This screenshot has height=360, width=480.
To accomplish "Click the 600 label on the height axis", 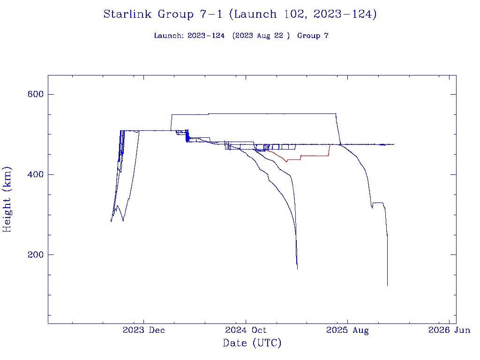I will tap(36, 94).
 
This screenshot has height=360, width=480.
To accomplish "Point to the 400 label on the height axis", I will tap(36, 174).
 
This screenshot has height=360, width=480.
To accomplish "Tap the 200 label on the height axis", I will tap(36, 255).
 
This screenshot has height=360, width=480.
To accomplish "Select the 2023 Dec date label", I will tap(144, 330).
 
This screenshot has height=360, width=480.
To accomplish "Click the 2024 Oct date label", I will tap(246, 330).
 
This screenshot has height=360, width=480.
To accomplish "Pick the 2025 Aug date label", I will tap(347, 330).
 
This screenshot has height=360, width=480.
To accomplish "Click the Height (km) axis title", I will tap(7, 199).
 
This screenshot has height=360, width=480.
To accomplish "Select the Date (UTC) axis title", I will tap(252, 343).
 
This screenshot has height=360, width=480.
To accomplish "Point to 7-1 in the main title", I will tap(209, 14).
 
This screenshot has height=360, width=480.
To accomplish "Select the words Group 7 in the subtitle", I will tap(313, 36).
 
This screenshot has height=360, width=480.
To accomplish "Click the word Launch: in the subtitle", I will tap(169, 36).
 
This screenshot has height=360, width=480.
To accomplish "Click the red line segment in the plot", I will tap(314, 156).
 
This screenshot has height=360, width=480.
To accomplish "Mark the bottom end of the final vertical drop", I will tap(387, 285).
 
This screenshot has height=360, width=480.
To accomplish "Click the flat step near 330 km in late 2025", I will tap(378, 203).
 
